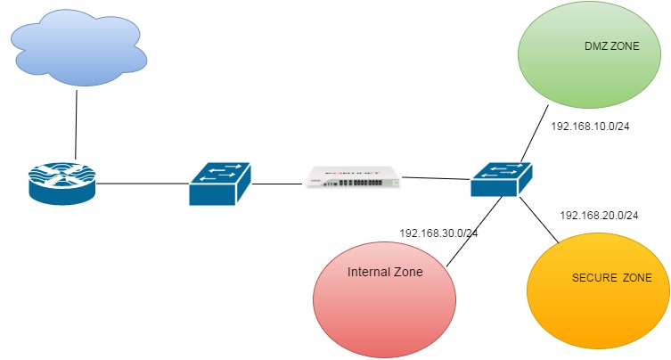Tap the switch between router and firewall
pos(221,184)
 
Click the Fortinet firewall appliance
pos(351,176)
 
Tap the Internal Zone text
pos(385,271)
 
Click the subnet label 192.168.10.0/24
pos(590,126)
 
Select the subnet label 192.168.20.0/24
pos(599,215)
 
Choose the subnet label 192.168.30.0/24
pos(438,233)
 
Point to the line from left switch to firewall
pos(278,184)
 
